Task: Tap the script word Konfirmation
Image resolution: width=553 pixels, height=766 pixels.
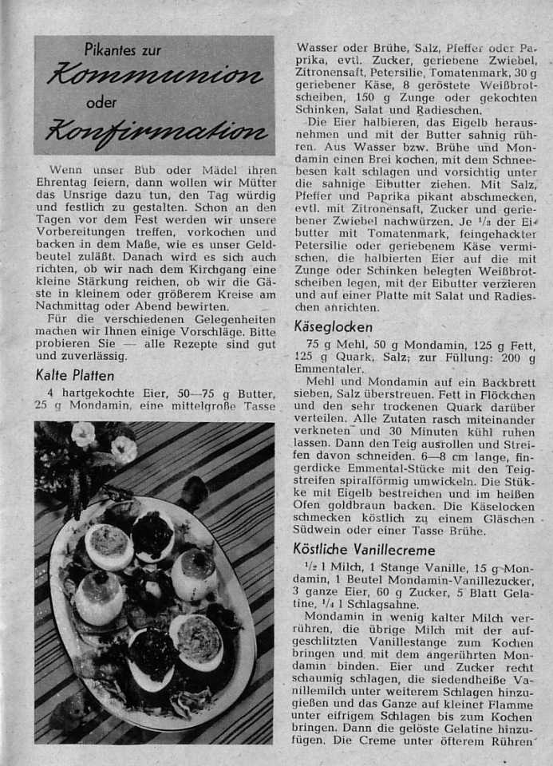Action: pyautogui.click(x=156, y=130)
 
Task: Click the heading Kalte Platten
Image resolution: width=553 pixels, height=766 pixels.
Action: pyautogui.click(x=75, y=375)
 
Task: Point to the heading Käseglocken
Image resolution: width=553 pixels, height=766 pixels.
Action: pyautogui.click(x=334, y=326)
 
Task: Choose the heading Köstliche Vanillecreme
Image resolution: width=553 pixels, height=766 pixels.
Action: pyautogui.click(x=365, y=549)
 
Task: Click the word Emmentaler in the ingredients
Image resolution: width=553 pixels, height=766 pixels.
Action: pyautogui.click(x=330, y=369)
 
